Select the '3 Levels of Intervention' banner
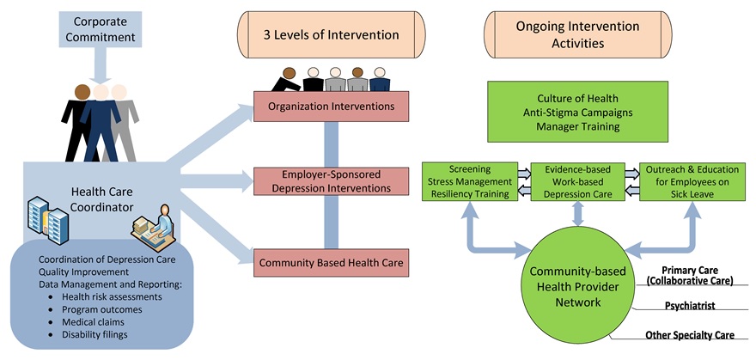pos(331,35)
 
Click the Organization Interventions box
pos(331,107)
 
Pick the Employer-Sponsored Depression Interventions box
pos(331,181)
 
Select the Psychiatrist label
pos(691,305)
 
